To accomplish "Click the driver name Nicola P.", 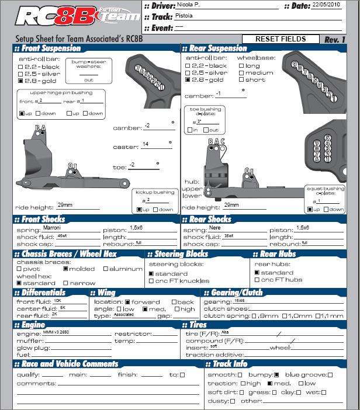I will (x=188, y=5).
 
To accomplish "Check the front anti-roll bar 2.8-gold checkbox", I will (x=20, y=81).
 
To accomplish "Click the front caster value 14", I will (x=145, y=144).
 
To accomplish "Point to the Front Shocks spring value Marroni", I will (x=54, y=228).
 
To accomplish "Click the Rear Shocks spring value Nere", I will (x=216, y=228).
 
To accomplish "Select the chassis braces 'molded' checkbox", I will (x=65, y=269).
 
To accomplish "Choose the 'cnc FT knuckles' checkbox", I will (x=151, y=280).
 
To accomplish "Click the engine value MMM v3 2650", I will (x=56, y=332).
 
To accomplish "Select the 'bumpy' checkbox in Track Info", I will (x=277, y=374).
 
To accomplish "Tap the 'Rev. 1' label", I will (x=335, y=39).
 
